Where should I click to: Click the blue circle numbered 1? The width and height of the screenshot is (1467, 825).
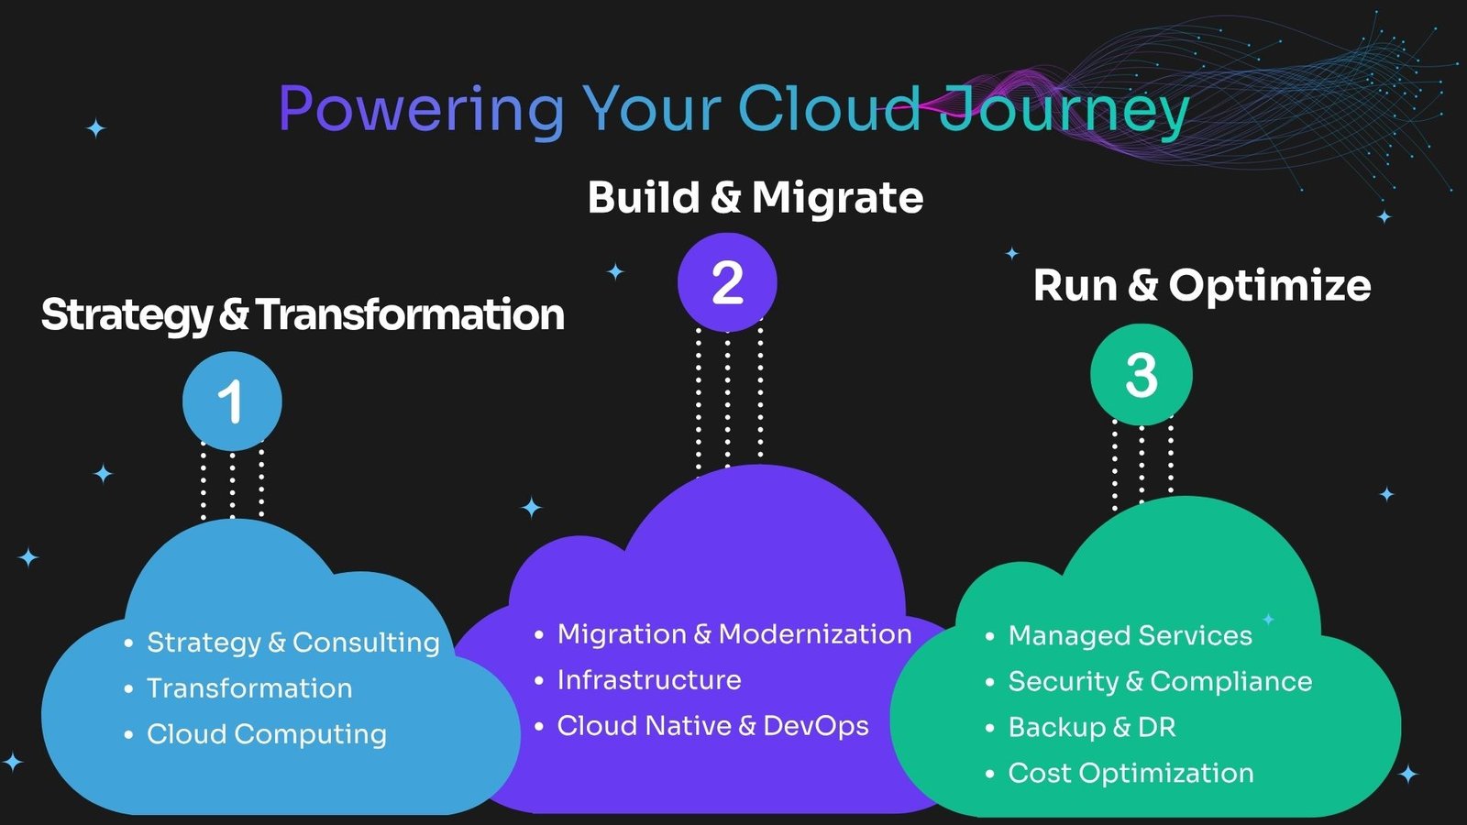[x=232, y=401]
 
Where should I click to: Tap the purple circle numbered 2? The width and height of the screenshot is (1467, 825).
[x=727, y=282]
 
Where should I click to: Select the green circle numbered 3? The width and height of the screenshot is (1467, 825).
[x=1142, y=375]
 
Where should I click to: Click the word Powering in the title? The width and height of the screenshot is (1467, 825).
[x=421, y=110]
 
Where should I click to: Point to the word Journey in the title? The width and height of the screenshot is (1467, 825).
[x=1064, y=110]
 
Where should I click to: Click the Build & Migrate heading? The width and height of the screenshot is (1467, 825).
[x=756, y=196]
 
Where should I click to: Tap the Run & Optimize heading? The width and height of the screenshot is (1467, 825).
[x=1202, y=285]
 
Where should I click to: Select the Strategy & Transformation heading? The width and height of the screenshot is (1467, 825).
[x=303, y=315]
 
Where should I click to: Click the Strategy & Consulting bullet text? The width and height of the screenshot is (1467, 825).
[x=292, y=643]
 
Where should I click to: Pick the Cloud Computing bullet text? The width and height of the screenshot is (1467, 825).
[x=267, y=734]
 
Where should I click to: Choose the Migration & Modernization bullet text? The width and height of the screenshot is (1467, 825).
[x=734, y=633]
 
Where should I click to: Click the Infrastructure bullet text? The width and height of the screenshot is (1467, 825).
[x=649, y=679]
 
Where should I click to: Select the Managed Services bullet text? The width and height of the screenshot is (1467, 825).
[x=1130, y=636]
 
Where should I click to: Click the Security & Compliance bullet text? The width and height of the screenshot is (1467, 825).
[x=1160, y=682]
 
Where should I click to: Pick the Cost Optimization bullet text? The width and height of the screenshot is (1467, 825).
[x=1131, y=774]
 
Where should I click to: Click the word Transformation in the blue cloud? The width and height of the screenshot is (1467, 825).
[x=249, y=688]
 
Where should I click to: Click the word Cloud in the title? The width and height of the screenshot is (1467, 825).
[x=829, y=108]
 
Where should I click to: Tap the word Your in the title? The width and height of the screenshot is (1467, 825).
[x=651, y=109]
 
